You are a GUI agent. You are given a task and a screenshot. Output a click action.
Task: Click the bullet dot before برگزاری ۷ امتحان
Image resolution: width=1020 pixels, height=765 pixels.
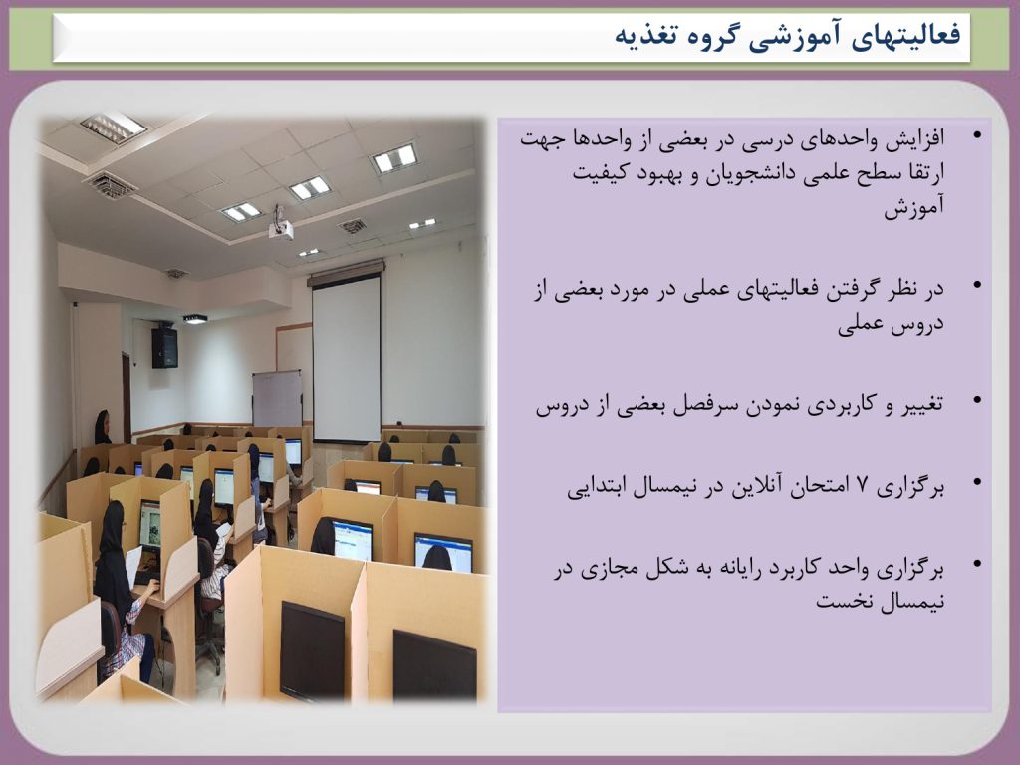pyautogui.click(x=976, y=483)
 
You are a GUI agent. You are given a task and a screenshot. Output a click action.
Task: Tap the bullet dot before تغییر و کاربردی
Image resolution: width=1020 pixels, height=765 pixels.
pyautogui.click(x=976, y=401)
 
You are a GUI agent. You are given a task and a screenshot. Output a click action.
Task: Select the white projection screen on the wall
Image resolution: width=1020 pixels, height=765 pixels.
pyautogui.click(x=347, y=357)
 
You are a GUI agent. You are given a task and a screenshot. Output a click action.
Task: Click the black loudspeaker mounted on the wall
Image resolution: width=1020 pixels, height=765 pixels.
pyautogui.click(x=164, y=347)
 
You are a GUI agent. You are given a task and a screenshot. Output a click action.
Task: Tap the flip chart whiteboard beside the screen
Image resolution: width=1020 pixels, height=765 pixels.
pyautogui.click(x=277, y=398)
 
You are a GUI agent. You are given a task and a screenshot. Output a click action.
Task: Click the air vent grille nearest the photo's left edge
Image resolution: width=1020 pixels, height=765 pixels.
pyautogui.click(x=110, y=185)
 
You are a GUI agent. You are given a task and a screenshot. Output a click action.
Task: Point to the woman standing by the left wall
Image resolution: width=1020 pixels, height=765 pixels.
pyautogui.click(x=103, y=428)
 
